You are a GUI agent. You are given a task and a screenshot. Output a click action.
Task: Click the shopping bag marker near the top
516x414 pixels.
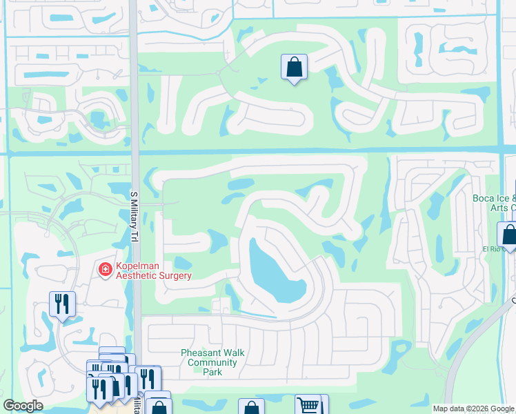coord(294,68)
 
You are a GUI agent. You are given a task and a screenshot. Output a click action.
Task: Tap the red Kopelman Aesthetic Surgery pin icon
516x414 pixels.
coord(105,268)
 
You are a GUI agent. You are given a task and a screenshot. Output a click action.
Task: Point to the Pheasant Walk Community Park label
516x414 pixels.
coord(212,362)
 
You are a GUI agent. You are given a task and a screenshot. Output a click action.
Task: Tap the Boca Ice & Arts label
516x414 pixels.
coord(494,203)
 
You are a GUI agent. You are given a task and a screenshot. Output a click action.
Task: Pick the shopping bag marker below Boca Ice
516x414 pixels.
coord(508,235)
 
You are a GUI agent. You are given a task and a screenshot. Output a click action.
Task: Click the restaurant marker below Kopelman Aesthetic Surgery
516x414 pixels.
coord(62,304)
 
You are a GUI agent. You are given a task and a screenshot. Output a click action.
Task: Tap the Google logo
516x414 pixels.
coord(23,406)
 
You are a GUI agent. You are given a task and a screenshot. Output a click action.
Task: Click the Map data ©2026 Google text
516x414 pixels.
coord(474,408)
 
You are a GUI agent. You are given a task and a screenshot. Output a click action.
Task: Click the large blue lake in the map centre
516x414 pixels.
coord(275,273)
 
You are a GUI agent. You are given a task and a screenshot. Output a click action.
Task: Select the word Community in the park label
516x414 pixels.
coord(212,362)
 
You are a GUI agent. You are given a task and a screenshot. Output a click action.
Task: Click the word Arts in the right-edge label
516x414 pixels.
coord(497,208)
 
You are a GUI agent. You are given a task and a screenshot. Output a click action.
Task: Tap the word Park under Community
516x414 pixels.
coord(212,372)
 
